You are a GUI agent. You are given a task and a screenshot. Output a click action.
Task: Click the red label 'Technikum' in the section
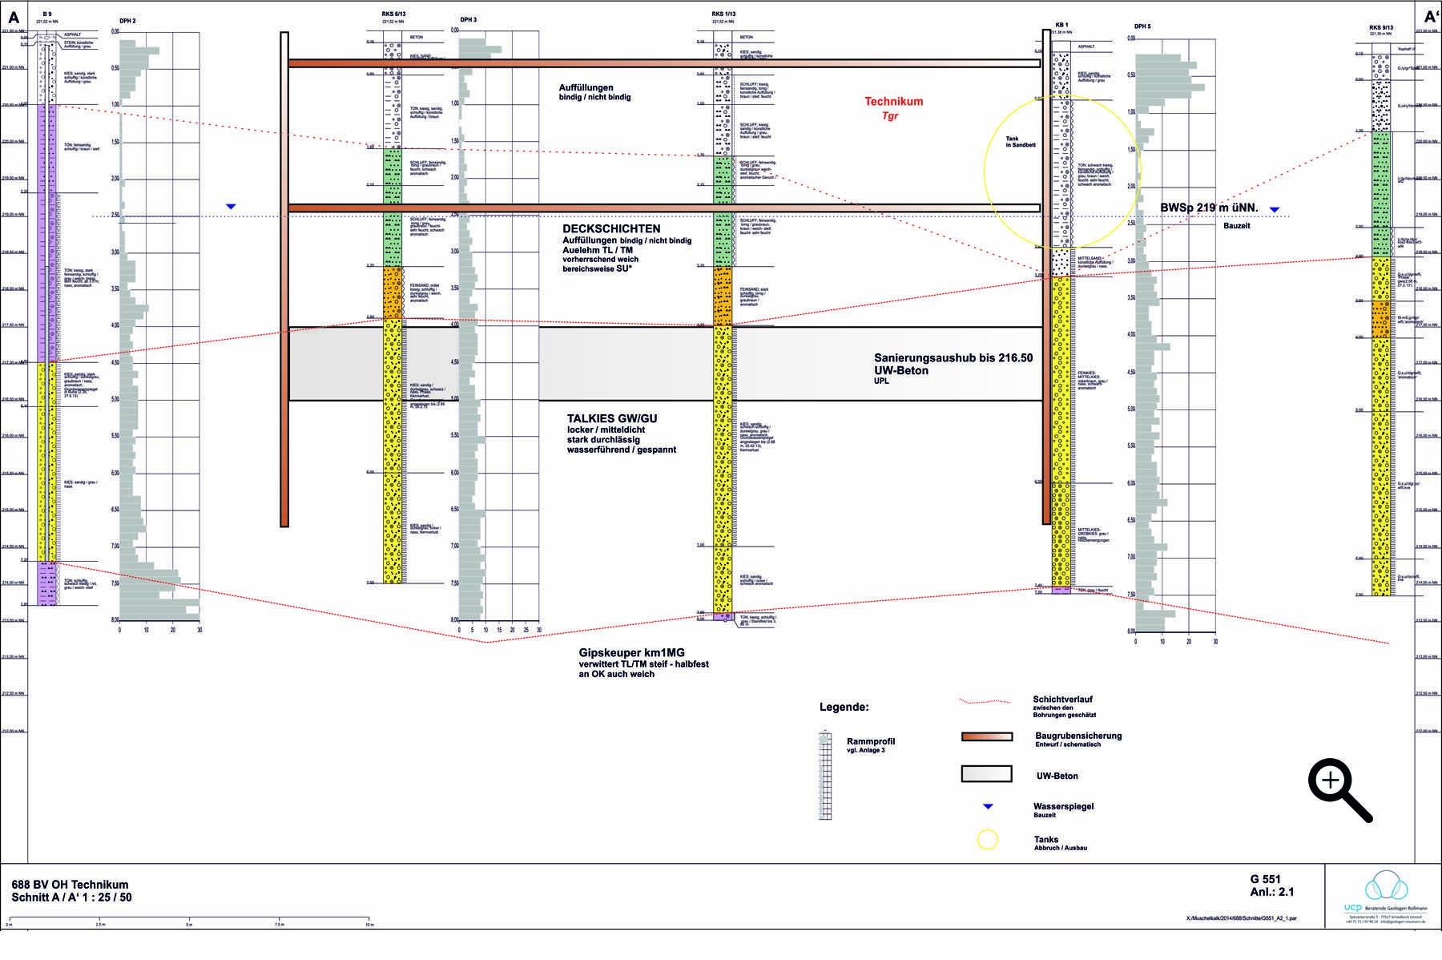tap(893, 102)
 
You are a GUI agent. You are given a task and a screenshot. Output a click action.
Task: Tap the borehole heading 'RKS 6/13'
tap(394, 14)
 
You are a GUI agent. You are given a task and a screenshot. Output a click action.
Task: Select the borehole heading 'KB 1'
tap(1061, 26)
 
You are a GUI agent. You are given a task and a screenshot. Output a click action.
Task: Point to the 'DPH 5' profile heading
tap(1142, 26)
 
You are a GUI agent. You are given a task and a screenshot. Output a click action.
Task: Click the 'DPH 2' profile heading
tap(127, 21)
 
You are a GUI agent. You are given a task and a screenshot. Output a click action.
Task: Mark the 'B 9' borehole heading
tap(47, 14)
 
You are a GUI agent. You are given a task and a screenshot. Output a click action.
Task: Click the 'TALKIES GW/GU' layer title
tap(612, 418)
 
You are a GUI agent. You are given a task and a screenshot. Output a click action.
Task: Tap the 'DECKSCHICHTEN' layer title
tap(611, 229)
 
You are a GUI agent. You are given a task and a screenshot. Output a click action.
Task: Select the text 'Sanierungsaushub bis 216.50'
tap(953, 358)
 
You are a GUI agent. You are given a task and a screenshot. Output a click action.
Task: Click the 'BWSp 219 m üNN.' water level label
tap(1209, 208)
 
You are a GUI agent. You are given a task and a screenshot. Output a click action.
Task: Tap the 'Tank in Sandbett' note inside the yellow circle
tap(1021, 142)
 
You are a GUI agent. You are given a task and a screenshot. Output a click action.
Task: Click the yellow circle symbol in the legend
tap(988, 840)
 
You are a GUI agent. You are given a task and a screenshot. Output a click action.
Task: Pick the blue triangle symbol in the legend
tap(988, 806)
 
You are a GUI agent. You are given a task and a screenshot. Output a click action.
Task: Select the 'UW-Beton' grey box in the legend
tap(986, 773)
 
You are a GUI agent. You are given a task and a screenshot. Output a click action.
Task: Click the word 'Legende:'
tap(844, 708)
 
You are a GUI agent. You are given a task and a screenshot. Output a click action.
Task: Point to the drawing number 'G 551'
tap(1265, 878)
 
